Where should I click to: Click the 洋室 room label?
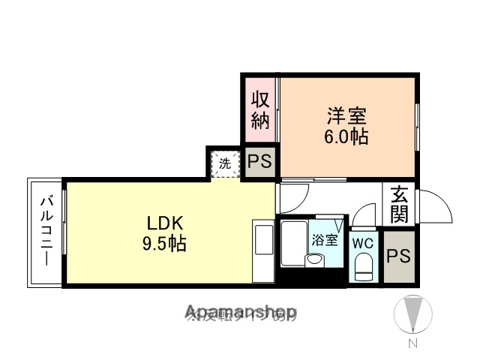point(346,117)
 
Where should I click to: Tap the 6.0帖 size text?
point(346,137)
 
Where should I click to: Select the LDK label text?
point(165,223)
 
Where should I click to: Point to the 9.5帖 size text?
point(165,244)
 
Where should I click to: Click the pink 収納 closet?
point(259,109)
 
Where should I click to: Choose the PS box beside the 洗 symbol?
point(260,161)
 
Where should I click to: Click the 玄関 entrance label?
point(398,204)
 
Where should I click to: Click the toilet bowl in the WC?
point(363,266)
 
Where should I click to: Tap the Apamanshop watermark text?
point(241,310)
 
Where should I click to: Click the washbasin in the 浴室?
point(313,260)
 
